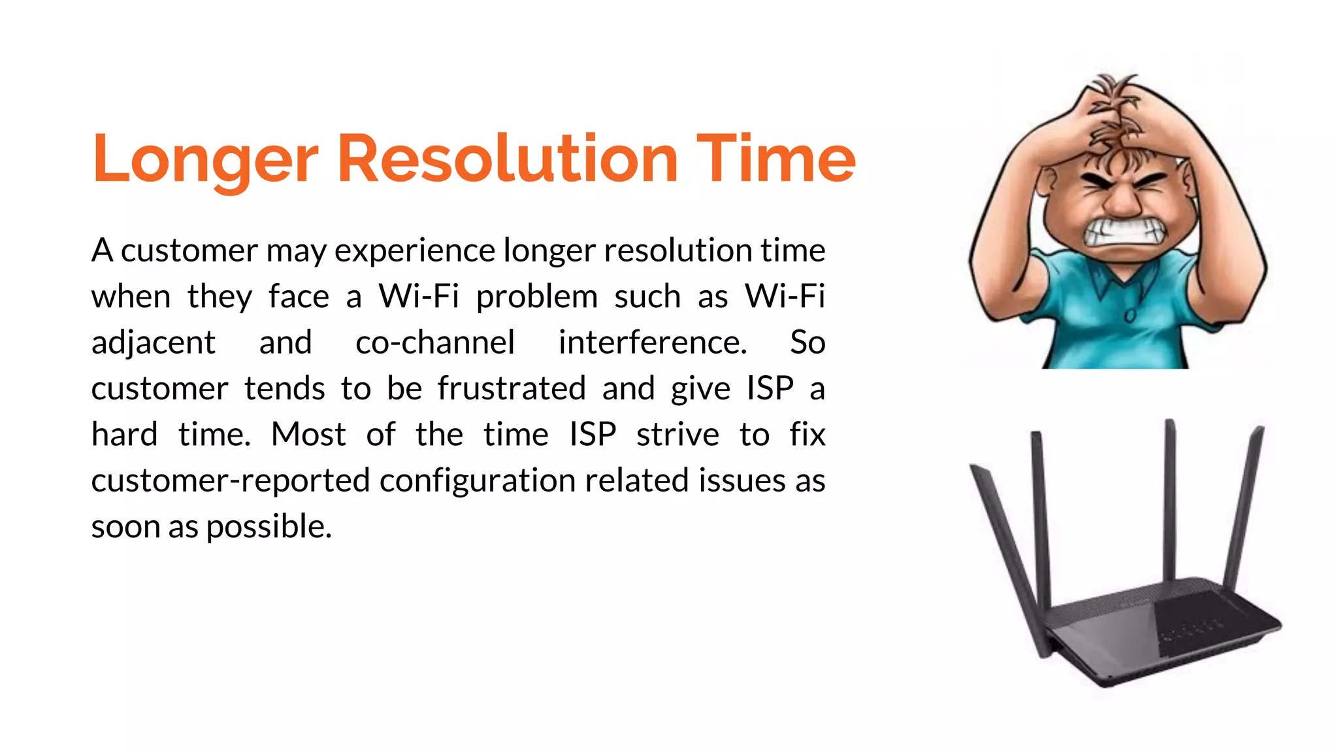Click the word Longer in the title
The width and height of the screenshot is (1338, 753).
pyautogui.click(x=204, y=159)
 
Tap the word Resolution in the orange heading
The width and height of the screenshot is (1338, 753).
pyautogui.click(x=507, y=159)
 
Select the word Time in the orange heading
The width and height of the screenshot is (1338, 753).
pyautogui.click(x=775, y=159)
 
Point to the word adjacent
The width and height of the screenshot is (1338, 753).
pyautogui.click(x=154, y=343)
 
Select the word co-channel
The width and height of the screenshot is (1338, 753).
pyautogui.click(x=435, y=343)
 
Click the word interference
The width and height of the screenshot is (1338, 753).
pyautogui.click(x=652, y=343)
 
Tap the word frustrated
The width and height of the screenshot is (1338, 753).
pyautogui.click(x=512, y=389)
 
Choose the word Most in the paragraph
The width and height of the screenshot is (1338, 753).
pyautogui.click(x=308, y=435)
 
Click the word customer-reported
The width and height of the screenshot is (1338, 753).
pyautogui.click(x=231, y=481)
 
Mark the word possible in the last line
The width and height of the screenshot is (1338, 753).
pyautogui.click(x=269, y=527)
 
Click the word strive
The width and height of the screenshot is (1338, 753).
pyautogui.click(x=677, y=435)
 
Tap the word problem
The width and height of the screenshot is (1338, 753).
pyautogui.click(x=536, y=297)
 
